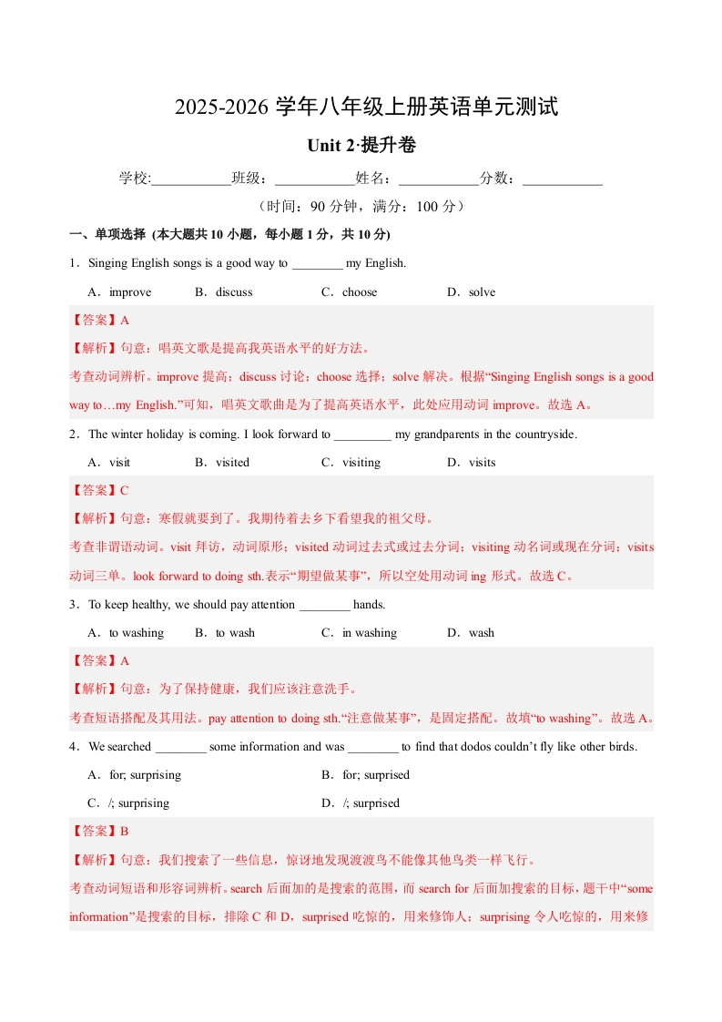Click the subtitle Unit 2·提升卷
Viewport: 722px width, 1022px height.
tap(361, 146)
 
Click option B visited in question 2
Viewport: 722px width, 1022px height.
tap(222, 463)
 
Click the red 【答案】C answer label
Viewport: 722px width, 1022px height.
tap(99, 491)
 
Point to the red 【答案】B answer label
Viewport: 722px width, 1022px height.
tap(99, 832)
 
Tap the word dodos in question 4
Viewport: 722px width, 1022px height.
tap(490, 747)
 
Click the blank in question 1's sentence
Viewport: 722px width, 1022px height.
tap(317, 265)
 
